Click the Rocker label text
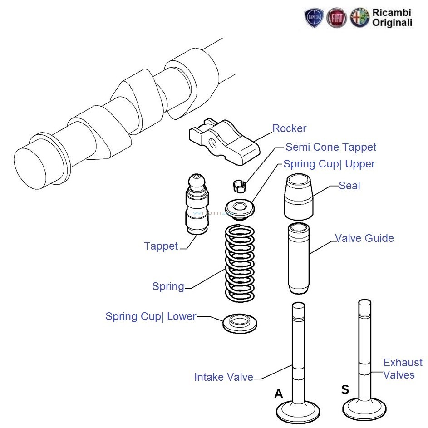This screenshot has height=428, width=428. point(289,129)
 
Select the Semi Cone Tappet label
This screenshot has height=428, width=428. point(330,147)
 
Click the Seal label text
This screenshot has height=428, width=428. point(349,186)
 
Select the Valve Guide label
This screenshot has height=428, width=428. point(364,238)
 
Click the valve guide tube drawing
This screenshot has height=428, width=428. point(298,258)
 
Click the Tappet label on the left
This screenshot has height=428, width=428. point(161,246)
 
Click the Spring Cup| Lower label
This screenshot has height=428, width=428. point(150,316)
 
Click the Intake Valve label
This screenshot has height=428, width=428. point(223,377)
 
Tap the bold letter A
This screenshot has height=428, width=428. point(279,394)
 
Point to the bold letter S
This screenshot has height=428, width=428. point(345,390)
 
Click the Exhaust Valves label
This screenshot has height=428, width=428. point(402,369)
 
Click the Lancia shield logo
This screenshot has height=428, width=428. point(315,18)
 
